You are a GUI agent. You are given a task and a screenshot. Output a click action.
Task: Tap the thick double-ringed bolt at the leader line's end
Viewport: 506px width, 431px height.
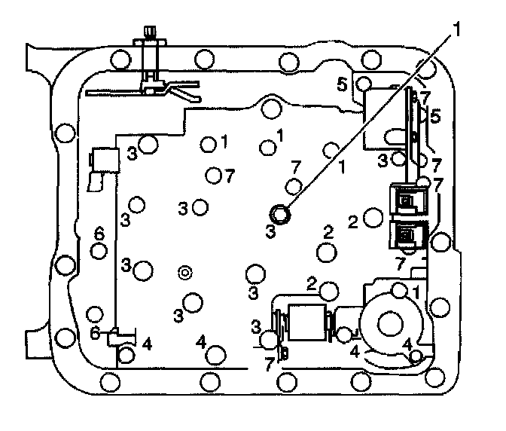tap(281, 214)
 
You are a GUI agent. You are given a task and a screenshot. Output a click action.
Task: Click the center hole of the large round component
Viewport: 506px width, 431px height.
tap(390, 324)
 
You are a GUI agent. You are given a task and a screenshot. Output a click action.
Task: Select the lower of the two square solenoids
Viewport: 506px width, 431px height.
tap(407, 236)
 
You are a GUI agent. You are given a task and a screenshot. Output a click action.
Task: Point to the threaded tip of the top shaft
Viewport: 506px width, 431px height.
tap(147, 32)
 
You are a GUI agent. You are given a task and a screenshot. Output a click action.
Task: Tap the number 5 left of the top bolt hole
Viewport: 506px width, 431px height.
tap(342, 84)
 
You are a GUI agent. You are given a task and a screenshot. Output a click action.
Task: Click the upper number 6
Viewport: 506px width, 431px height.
tap(99, 234)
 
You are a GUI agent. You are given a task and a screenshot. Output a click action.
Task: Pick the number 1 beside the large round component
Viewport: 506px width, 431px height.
tap(416, 291)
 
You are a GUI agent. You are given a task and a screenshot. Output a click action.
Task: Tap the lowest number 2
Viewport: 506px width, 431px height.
tap(312, 283)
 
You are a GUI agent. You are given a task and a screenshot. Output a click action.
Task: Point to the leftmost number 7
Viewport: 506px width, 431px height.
tap(228, 175)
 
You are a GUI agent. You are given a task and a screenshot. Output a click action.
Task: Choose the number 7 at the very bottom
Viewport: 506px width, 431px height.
tap(270, 364)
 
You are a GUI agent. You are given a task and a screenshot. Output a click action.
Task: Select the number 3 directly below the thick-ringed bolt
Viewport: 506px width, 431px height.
tap(270, 233)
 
